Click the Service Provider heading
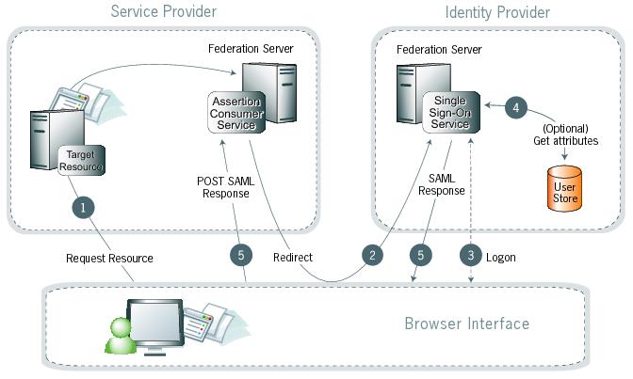pyautogui.click(x=164, y=12)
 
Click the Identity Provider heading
pyautogui.click(x=496, y=12)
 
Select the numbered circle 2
pyautogui.click(x=375, y=254)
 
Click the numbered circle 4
pyautogui.click(x=514, y=107)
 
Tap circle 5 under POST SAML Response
pyautogui.click(x=242, y=254)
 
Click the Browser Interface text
pyautogui.click(x=466, y=324)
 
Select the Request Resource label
pyautogui.click(x=110, y=257)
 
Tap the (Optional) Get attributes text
pyautogui.click(x=565, y=134)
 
